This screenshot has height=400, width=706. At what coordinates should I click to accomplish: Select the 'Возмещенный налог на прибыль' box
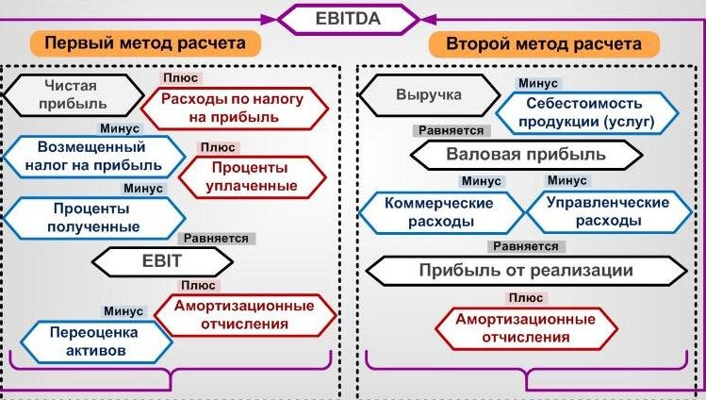(x=92, y=157)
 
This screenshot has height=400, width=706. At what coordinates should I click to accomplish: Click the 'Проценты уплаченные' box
(x=248, y=176)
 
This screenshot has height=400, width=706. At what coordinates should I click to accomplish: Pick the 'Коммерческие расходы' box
(x=439, y=212)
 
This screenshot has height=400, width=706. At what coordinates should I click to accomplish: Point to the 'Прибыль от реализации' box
(x=525, y=271)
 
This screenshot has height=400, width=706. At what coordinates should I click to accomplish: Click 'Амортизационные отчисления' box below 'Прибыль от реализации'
(x=525, y=328)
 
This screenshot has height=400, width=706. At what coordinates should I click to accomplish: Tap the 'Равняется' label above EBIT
(x=216, y=239)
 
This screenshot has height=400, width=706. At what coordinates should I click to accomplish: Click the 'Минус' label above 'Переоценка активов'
(x=123, y=311)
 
